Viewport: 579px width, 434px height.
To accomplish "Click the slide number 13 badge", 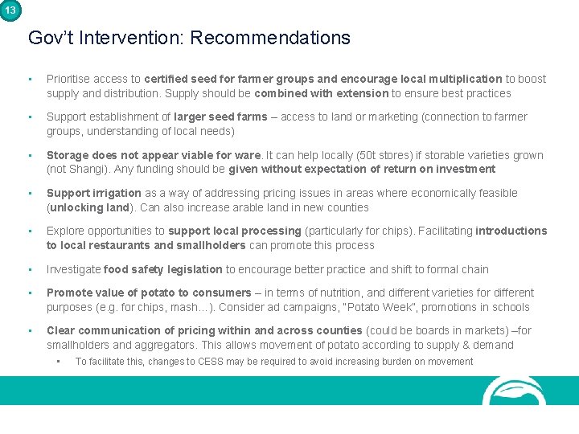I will (10, 10).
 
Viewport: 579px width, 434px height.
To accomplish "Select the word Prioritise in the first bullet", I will (68, 79).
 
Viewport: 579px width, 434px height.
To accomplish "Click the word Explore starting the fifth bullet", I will (65, 231).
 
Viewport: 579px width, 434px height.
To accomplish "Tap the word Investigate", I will (73, 269).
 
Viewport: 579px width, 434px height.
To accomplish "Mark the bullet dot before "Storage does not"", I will (30, 155).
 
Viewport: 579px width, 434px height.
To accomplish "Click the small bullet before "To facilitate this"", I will (59, 361).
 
